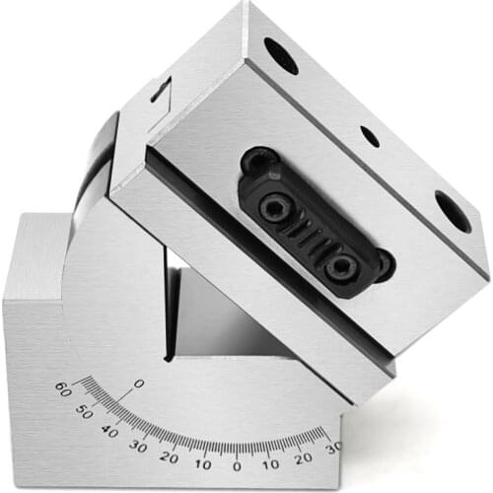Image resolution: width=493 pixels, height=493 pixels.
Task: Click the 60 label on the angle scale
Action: [61, 387]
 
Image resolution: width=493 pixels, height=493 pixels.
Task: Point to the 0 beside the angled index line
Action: [138, 383]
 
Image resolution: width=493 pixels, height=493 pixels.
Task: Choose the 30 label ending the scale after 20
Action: [333, 445]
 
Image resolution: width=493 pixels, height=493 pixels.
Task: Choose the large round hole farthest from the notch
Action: [453, 211]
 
